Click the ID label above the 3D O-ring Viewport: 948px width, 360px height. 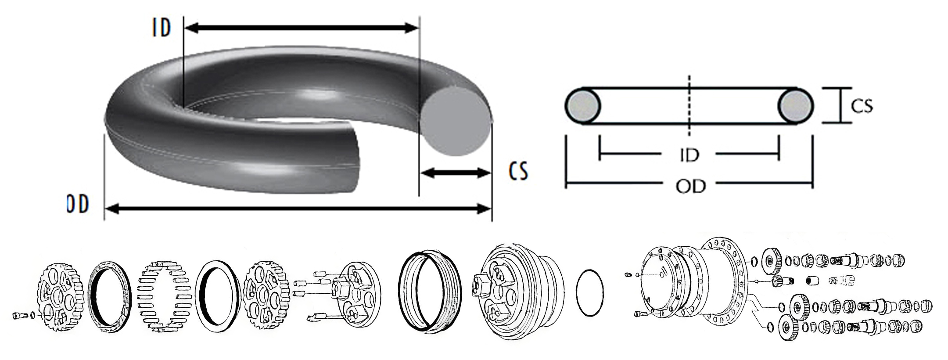[161, 28]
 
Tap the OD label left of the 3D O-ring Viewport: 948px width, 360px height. [78, 204]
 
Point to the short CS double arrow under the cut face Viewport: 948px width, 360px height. [455, 173]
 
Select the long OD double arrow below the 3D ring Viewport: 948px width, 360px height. [298, 209]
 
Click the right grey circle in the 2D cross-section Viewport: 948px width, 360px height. [796, 106]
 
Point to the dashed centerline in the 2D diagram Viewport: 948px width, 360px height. [689, 111]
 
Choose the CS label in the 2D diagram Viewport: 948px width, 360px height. [862, 106]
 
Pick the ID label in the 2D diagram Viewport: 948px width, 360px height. [689, 155]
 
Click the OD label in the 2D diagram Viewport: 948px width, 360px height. [690, 187]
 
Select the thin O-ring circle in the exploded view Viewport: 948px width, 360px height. [589, 292]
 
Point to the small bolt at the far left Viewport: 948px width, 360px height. [19, 315]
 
